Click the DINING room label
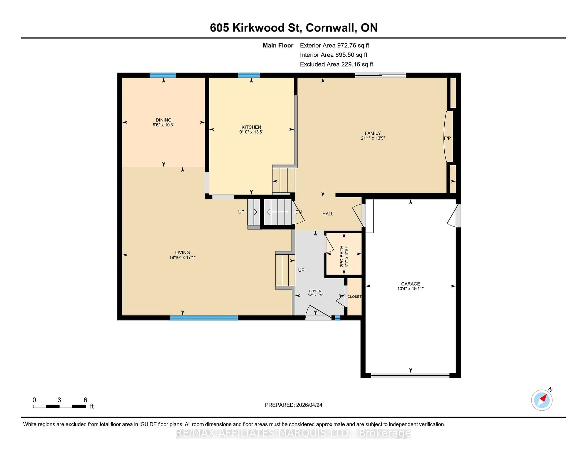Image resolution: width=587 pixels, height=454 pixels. point(163,120)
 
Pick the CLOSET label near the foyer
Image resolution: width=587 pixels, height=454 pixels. point(354,297)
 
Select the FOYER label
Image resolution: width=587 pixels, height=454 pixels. point(315,291)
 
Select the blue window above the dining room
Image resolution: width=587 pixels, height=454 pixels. point(163,75)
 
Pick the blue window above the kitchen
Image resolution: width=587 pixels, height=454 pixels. point(249,75)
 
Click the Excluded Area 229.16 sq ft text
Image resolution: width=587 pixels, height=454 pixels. point(336,64)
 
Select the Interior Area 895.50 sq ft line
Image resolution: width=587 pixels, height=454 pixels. point(333,55)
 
